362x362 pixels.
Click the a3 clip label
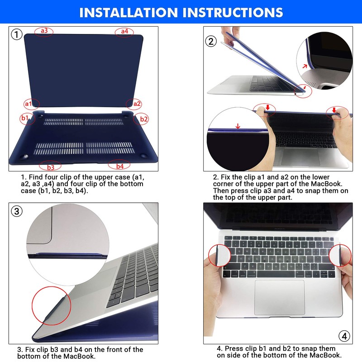(x=44, y=31)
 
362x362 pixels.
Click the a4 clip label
(x=124, y=31)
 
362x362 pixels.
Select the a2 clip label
(x=137, y=103)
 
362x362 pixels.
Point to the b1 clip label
(x=24, y=119)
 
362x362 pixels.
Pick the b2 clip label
(x=144, y=119)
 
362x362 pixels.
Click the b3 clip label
(x=50, y=167)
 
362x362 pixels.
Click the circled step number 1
(x=17, y=34)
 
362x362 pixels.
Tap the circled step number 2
(x=211, y=42)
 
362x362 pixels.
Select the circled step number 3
(x=17, y=211)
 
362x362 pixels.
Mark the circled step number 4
(x=344, y=336)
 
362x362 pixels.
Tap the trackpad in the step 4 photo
(x=279, y=297)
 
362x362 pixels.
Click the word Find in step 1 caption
(x=39, y=177)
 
